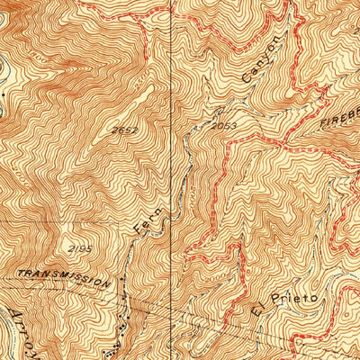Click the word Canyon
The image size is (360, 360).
(256, 64)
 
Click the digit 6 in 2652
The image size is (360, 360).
(121, 131)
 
